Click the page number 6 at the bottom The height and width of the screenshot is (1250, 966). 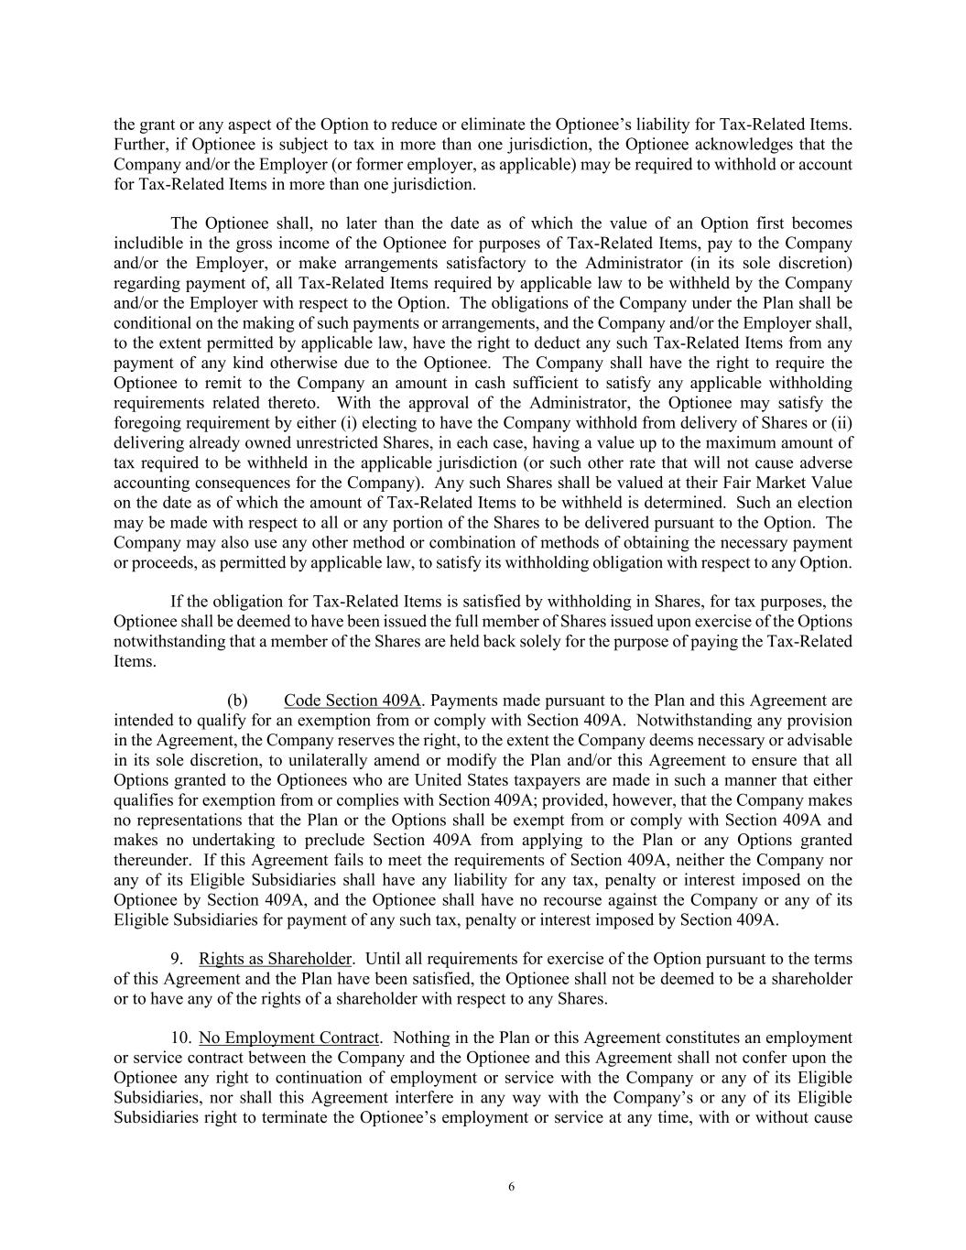(x=511, y=1187)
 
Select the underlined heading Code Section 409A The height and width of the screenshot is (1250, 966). (x=352, y=701)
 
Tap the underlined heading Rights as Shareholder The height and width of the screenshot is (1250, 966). (x=275, y=959)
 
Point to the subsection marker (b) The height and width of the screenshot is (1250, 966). (x=237, y=701)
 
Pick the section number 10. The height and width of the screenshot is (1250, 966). (x=181, y=1038)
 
